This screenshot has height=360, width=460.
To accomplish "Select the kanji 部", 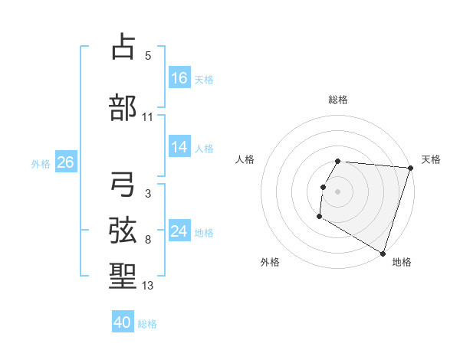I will [x=123, y=107].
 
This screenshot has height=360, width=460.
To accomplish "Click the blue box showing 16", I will [x=179, y=78].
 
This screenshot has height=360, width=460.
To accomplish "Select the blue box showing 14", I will [x=179, y=148].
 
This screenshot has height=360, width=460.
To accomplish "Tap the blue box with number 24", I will [x=179, y=231].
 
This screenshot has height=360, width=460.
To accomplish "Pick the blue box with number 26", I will [x=65, y=162].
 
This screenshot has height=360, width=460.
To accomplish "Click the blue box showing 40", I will [x=123, y=322].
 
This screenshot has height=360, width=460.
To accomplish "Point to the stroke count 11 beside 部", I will [x=148, y=117].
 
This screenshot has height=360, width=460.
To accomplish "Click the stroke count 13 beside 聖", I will [x=148, y=286].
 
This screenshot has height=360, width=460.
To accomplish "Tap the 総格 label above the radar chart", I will [x=338, y=100].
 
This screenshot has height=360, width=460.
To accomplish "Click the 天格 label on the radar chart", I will [x=431, y=159].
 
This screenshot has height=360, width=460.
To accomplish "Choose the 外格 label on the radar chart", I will [x=270, y=262].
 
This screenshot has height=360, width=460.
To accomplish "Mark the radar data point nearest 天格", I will [x=410, y=168].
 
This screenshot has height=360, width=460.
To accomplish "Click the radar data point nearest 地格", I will [x=383, y=253].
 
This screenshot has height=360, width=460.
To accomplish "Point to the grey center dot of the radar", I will [x=337, y=191].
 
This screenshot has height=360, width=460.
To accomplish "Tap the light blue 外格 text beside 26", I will [x=41, y=163].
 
